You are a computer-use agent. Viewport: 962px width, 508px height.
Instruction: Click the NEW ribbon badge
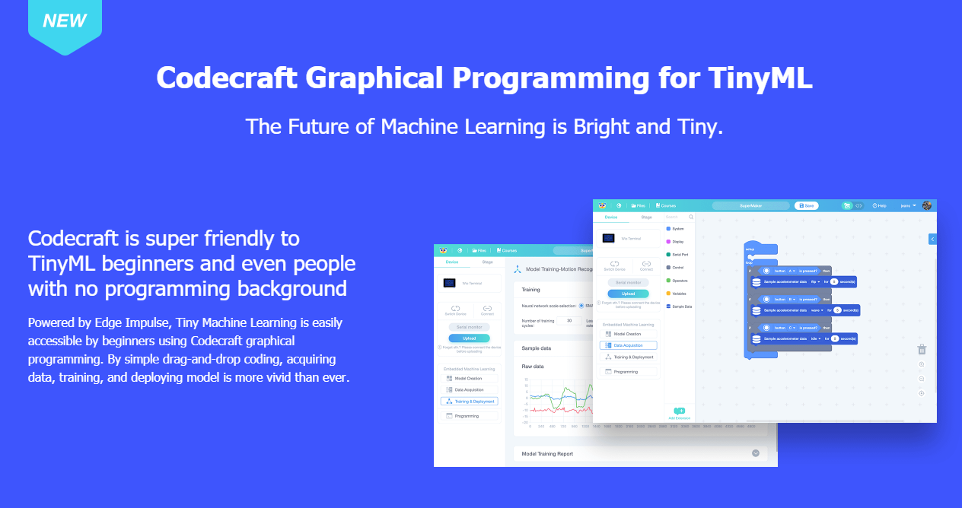pyautogui.click(x=65, y=22)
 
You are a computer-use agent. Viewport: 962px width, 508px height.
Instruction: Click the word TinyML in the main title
pyautogui.click(x=760, y=78)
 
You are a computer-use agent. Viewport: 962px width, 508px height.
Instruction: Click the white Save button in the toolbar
pyautogui.click(x=805, y=205)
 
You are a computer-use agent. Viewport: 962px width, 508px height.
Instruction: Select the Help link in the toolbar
pyautogui.click(x=880, y=205)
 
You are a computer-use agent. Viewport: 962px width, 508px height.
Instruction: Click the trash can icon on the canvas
pyautogui.click(x=922, y=349)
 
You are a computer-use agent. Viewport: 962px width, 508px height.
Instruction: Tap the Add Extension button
pyautogui.click(x=680, y=414)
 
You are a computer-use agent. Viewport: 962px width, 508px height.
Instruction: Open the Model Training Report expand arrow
pyautogui.click(x=756, y=453)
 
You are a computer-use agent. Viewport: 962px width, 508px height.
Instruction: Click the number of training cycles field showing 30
pyautogui.click(x=569, y=321)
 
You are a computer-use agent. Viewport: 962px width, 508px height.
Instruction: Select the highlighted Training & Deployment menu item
pyautogui.click(x=470, y=401)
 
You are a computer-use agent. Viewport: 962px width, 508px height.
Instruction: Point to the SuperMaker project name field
pyautogui.click(x=750, y=205)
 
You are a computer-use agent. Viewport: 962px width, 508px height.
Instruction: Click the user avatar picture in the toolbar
pyautogui.click(x=926, y=205)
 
